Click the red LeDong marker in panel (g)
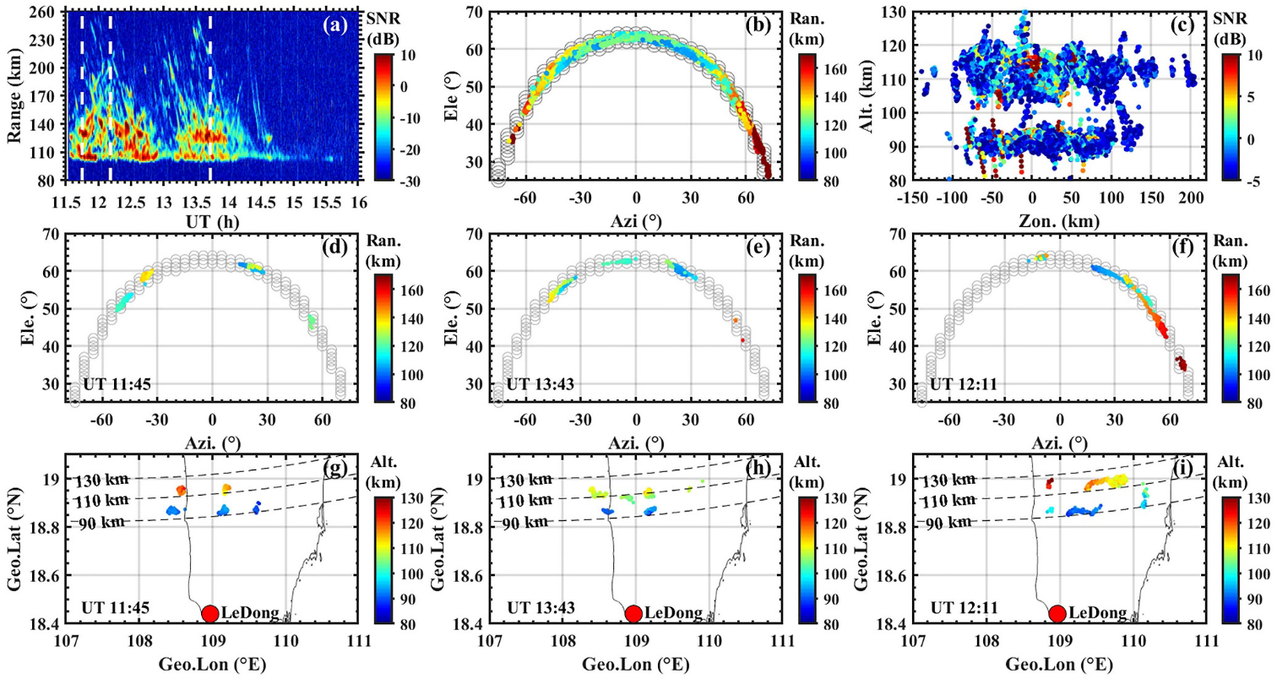click(x=210, y=613)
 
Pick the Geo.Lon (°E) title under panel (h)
click(x=635, y=664)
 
